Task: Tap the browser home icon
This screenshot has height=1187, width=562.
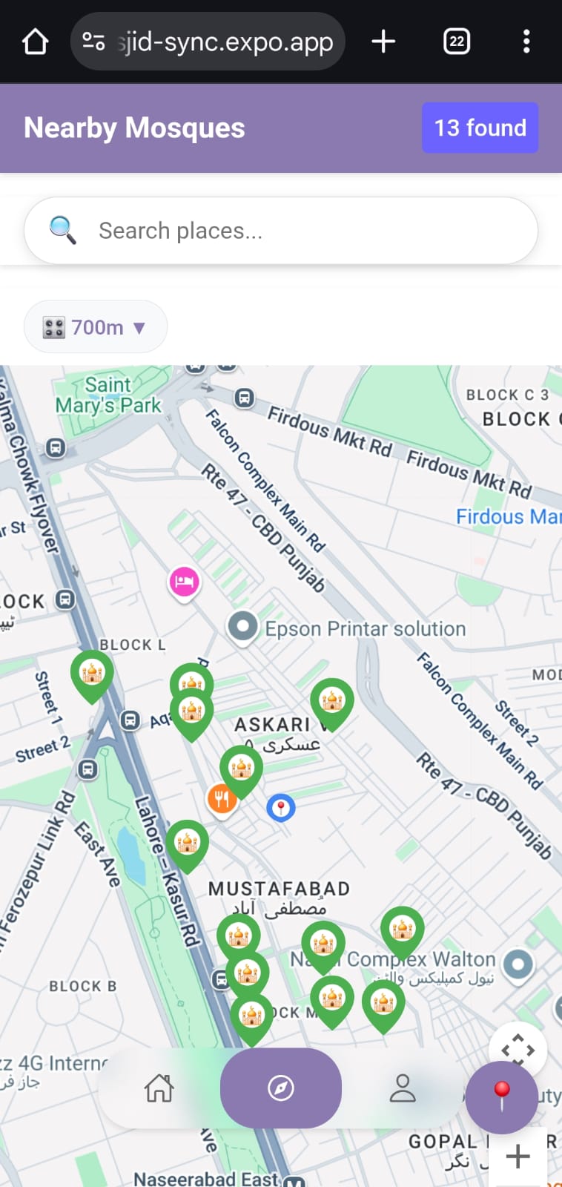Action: point(35,42)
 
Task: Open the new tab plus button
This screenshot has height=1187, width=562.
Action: point(383,42)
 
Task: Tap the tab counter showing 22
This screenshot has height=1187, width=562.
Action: point(457,42)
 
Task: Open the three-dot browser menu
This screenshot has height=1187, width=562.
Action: point(526,42)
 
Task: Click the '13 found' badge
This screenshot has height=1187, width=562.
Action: point(480,128)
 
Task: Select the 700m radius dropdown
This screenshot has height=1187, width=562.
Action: point(95,327)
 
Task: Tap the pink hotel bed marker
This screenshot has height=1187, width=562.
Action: point(184,582)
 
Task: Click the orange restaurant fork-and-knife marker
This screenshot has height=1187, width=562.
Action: point(222,799)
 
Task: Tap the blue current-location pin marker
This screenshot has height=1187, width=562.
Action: point(281,807)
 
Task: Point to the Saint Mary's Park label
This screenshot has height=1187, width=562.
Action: point(108,395)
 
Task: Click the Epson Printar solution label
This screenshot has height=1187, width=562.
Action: point(365,628)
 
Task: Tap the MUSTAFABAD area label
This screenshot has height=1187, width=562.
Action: point(279,888)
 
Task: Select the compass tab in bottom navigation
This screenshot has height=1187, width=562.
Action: point(281,1088)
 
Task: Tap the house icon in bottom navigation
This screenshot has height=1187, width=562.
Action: point(159,1088)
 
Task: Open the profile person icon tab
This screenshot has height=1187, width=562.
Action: point(403,1088)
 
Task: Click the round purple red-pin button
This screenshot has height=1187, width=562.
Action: point(502,1096)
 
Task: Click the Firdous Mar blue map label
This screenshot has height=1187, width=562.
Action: point(508,516)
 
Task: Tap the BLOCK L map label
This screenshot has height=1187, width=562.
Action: point(132,645)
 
